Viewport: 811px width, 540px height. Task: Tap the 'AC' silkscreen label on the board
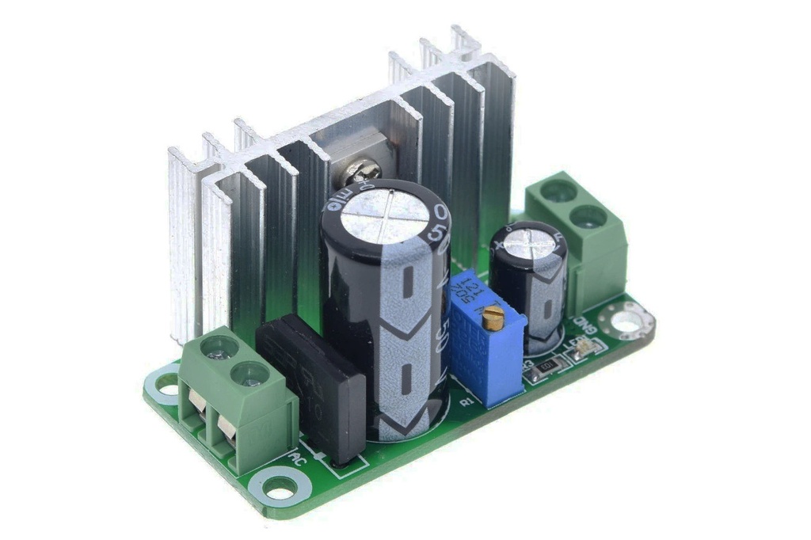[x=299, y=458]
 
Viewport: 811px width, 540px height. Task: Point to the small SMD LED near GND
[x=582, y=345]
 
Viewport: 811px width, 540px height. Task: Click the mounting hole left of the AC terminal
[x=167, y=384]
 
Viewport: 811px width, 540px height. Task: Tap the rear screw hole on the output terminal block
[x=559, y=190]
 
